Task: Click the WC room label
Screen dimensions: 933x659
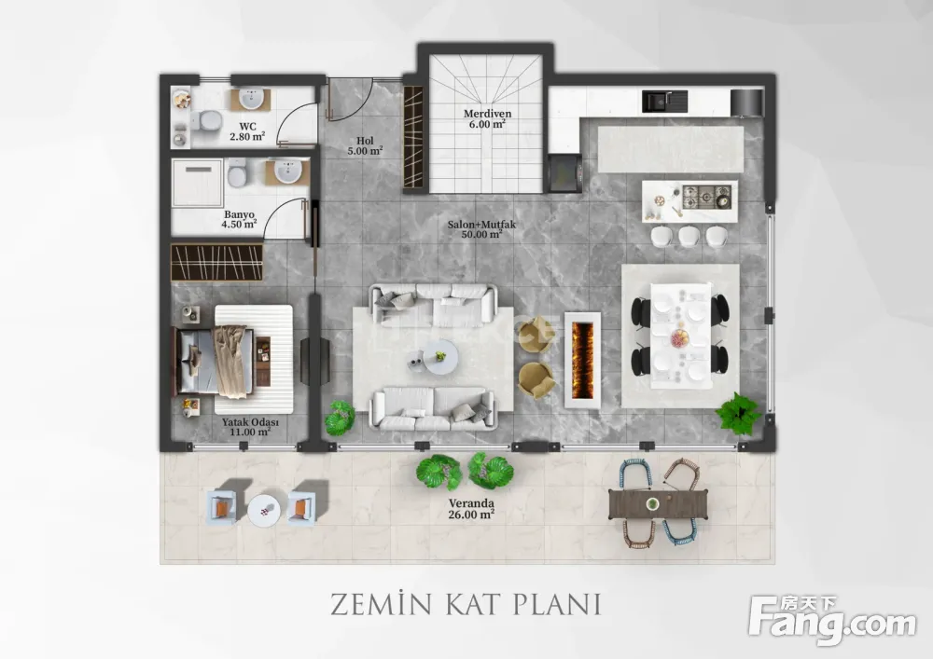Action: click(247, 131)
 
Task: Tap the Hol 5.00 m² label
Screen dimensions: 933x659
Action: click(365, 145)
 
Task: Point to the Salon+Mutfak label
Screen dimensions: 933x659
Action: click(482, 229)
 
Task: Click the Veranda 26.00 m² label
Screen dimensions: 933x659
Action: click(471, 509)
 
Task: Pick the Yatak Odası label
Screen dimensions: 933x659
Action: click(250, 427)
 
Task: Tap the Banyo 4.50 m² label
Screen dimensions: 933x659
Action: click(239, 219)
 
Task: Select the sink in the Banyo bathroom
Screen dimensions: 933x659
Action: click(288, 172)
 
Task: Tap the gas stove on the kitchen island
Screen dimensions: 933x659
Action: click(707, 197)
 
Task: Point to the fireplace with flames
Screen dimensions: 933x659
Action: click(582, 360)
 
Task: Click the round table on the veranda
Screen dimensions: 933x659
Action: click(264, 510)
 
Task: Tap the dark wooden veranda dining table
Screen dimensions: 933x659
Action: click(659, 504)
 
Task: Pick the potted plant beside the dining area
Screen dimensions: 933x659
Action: click(738, 412)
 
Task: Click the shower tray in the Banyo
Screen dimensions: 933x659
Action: click(197, 183)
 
